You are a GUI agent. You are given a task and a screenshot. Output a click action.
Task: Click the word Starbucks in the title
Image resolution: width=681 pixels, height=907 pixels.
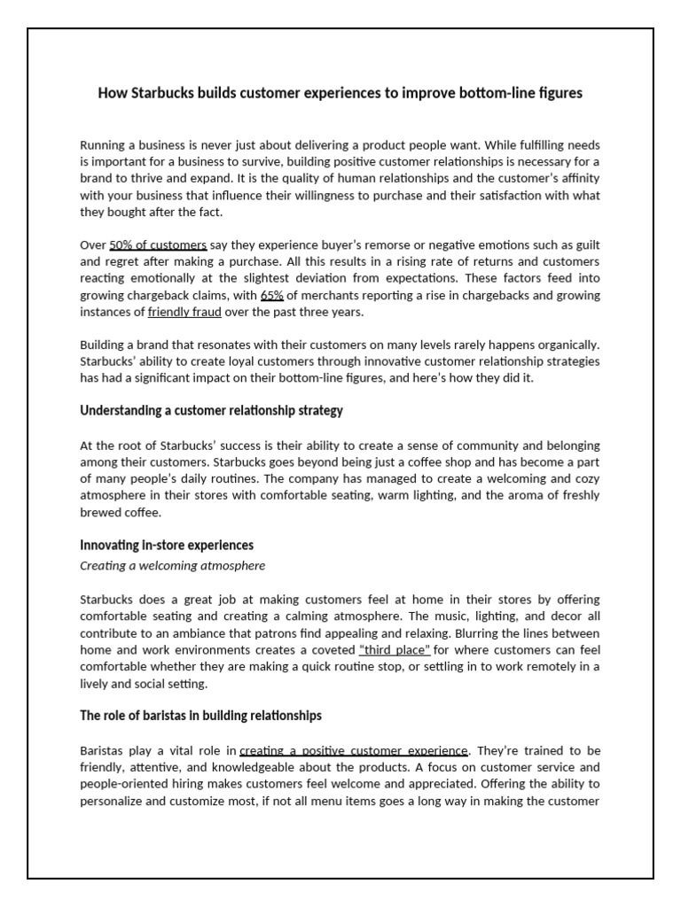pos(160,93)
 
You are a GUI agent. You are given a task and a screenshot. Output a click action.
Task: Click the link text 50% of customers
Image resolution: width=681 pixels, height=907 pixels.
pos(158,244)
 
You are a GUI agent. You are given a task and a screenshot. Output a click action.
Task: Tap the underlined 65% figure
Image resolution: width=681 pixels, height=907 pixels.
pos(271,296)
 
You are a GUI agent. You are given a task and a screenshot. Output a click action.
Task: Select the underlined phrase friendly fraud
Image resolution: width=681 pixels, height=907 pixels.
pos(184,313)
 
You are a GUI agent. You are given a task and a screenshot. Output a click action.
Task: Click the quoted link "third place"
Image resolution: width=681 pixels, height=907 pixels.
pos(395,650)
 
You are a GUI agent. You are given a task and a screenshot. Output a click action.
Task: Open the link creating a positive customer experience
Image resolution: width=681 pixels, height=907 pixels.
pos(354,751)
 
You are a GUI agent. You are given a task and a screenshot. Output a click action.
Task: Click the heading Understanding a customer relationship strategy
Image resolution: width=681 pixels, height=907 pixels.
pos(211,411)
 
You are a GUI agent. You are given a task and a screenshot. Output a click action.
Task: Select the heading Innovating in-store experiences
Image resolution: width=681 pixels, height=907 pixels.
pos(167,545)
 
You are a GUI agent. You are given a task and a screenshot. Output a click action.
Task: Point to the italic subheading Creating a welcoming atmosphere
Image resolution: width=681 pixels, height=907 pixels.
pos(172,565)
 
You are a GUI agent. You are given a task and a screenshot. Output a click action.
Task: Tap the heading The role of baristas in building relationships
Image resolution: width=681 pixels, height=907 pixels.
pos(200,715)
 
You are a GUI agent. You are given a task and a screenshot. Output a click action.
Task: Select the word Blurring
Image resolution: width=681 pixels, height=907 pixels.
pos(476,633)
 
